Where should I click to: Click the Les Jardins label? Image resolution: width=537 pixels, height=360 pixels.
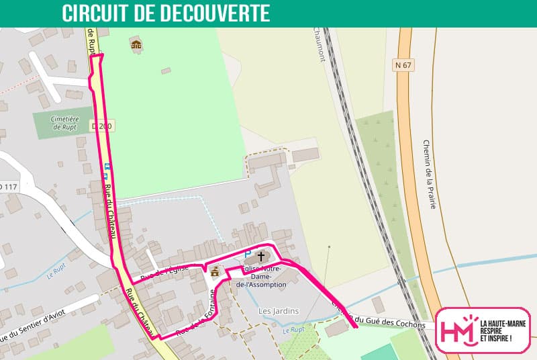(279, 311)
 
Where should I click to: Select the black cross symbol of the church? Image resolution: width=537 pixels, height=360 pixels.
(260, 256)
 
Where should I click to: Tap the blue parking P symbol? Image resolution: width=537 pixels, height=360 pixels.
(247, 255)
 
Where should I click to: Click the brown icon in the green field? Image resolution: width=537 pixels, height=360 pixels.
(136, 45)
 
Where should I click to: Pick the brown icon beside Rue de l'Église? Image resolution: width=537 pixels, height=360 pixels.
(215, 272)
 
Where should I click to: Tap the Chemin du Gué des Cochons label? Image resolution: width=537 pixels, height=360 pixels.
(379, 318)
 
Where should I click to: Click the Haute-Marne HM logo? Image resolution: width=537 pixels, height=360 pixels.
(481, 330)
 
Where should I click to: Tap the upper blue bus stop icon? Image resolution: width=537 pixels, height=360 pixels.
(107, 166)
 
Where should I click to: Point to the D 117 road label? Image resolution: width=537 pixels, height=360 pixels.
(8, 187)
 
